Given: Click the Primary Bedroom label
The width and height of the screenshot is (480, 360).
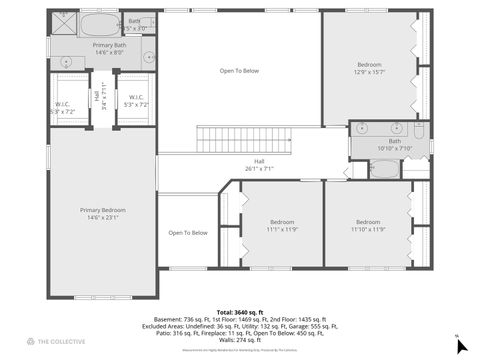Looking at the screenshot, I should (102, 213).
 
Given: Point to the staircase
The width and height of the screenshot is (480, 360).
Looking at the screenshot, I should (236, 140).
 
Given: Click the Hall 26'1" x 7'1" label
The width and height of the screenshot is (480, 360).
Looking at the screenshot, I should (259, 165).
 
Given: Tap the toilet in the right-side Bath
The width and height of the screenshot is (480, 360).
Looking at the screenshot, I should (420, 130).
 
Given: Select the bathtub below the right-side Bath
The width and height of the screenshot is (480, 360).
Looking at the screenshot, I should (384, 168).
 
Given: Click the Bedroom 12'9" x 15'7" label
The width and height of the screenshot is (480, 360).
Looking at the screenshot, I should (369, 69).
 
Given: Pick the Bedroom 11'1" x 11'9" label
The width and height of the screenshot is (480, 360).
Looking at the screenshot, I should (282, 225).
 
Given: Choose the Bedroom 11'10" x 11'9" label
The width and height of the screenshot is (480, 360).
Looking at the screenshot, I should (367, 225).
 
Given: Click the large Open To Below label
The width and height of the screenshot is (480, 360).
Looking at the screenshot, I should (240, 71).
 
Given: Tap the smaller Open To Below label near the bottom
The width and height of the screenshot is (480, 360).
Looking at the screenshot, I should (187, 233).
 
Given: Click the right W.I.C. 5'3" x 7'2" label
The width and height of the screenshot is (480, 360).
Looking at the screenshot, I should (136, 100).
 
